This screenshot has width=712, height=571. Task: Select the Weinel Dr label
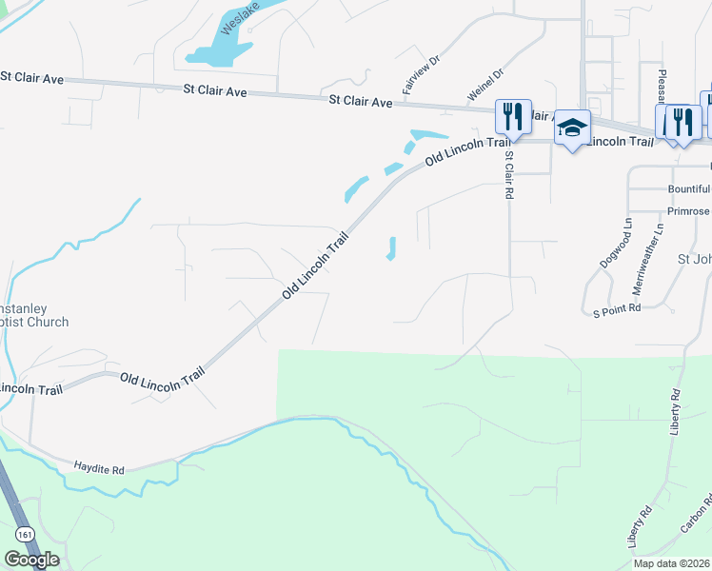pyautogui.click(x=485, y=85)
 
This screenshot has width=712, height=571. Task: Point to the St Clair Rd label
pyautogui.click(x=509, y=174)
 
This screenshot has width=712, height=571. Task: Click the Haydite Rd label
pyautogui.click(x=99, y=469)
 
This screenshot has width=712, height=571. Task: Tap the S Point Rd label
pyautogui.click(x=617, y=309)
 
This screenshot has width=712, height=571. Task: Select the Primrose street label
pyautogui.click(x=688, y=210)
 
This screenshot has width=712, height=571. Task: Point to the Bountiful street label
pyautogui.click(x=689, y=188)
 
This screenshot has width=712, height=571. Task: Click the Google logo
pyautogui.click(x=31, y=560)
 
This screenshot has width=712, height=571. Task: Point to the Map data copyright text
pyautogui.click(x=671, y=563)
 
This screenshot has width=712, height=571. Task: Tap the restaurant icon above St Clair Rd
pyautogui.click(x=513, y=117)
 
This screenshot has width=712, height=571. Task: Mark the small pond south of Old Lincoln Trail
pyautogui.click(x=391, y=247)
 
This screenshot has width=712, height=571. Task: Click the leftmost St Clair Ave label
pyautogui.click(x=31, y=77)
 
